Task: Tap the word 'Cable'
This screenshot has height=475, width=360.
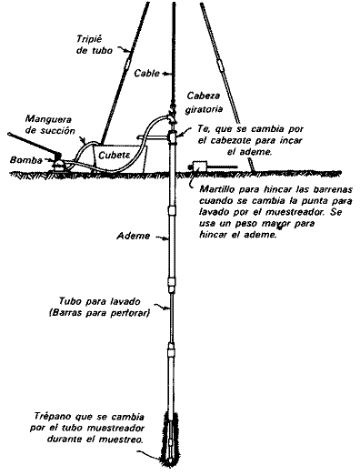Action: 145,72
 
